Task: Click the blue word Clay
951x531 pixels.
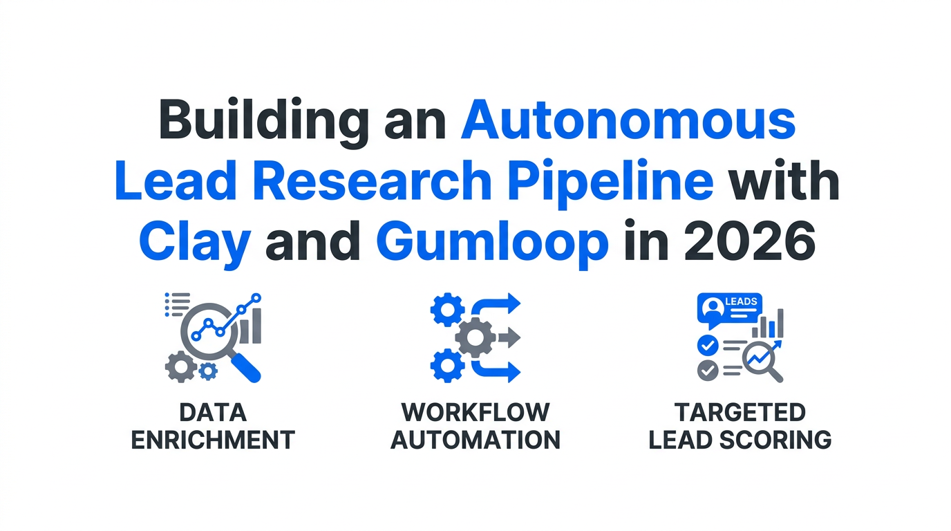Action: (x=195, y=243)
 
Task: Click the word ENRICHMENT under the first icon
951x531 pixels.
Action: (x=213, y=440)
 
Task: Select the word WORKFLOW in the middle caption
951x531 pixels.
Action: (x=475, y=412)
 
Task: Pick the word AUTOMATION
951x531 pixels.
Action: (x=475, y=440)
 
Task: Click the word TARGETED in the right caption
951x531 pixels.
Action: (x=740, y=412)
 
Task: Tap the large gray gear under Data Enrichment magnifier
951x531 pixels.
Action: (x=180, y=366)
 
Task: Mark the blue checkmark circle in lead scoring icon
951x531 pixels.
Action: (x=708, y=344)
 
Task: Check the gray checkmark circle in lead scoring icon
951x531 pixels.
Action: (x=708, y=370)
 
